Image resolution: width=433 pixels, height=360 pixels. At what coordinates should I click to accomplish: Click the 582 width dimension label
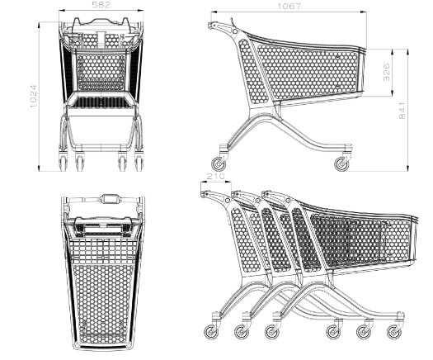pos(101,5)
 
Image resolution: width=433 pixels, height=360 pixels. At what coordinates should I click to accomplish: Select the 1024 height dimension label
pos(33,97)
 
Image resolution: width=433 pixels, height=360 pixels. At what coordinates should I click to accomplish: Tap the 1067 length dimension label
pos(289,6)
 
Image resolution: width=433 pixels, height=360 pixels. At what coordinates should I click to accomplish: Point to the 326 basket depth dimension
pos(387,73)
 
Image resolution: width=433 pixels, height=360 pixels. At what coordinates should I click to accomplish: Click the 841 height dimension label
pos(402,111)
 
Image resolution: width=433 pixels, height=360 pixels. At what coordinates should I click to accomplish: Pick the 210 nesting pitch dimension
pos(215,176)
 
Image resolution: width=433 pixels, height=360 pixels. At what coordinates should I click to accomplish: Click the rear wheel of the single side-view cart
pos(219,164)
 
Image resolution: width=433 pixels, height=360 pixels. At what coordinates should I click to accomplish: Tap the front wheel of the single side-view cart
pos(341,164)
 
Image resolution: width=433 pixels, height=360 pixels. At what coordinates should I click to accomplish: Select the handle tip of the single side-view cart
pos(210,25)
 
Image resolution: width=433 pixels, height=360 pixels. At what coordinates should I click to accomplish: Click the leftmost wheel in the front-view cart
pos(64,163)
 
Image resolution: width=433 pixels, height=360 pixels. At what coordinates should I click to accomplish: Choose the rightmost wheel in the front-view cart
pos(139,163)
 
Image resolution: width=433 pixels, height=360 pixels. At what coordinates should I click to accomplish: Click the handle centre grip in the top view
pos(111,198)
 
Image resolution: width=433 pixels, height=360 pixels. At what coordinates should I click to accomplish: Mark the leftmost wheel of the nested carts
pos(211,332)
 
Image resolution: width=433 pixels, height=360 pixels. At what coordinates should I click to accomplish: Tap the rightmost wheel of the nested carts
pos(394,332)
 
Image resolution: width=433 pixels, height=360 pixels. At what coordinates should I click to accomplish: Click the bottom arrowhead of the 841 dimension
pos(407,168)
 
